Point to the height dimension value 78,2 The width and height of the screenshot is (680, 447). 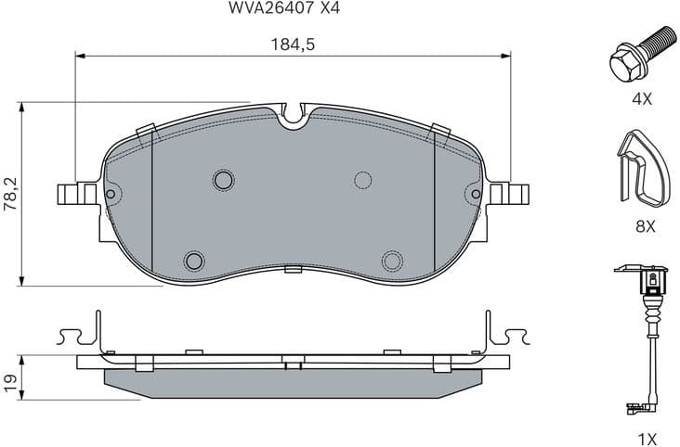[10, 193]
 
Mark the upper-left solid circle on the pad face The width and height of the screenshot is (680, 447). [223, 179]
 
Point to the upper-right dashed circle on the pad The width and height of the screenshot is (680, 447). [363, 180]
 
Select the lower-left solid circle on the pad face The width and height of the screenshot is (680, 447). [194, 260]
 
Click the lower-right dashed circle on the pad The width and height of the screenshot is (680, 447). [392, 260]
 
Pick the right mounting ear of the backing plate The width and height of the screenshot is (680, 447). [510, 194]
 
